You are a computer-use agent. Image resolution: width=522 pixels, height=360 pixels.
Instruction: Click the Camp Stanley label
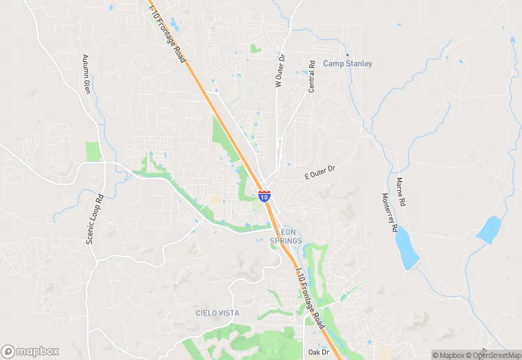pos(348,64)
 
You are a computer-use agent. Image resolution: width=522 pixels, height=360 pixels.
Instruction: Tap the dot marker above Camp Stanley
pos(348,55)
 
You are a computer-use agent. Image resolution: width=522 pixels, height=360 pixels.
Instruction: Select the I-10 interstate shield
pos(265,195)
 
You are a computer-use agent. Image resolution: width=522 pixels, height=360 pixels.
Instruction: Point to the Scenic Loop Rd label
pos(94,218)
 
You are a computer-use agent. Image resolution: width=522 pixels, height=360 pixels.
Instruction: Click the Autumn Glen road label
pos(87,75)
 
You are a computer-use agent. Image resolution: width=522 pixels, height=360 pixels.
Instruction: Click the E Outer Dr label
pos(320,172)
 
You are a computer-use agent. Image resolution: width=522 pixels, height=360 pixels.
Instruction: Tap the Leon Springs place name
pos(286,237)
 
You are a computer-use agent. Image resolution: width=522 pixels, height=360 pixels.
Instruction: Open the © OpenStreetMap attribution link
pos(488,355)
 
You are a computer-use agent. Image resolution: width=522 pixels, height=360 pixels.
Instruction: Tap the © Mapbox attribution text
pos(448,355)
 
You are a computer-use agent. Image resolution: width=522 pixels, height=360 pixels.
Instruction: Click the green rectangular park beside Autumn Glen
pos(93,152)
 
